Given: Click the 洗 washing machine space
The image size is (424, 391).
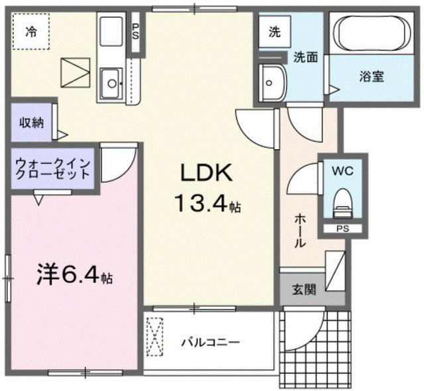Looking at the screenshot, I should coord(274,30).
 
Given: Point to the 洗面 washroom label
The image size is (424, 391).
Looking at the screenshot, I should coord(306,57).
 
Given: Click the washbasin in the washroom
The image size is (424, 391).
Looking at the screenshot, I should coord(272,82).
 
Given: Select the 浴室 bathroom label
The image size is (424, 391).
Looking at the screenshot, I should coord(372,76).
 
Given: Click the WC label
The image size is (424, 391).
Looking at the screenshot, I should coord(343,170).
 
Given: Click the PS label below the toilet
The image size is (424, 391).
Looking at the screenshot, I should coord(343,229).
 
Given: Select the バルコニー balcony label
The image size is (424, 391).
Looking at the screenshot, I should coord(211,343).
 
